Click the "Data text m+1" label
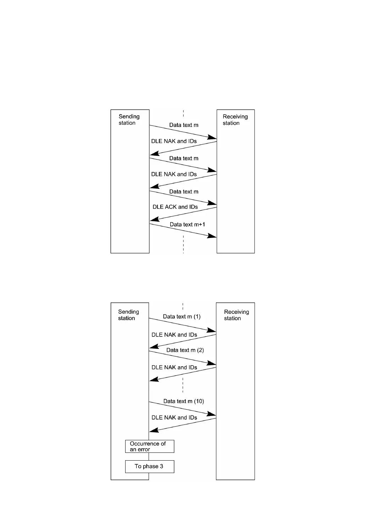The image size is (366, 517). (187, 224)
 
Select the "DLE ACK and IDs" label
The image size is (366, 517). (175, 207)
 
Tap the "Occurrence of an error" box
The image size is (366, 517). (149, 446)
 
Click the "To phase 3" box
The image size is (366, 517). (149, 466)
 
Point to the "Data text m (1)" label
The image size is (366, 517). (182, 317)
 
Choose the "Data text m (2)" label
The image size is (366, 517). (185, 350)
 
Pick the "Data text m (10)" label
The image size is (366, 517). (184, 401)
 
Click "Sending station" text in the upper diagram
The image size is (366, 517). (129, 119)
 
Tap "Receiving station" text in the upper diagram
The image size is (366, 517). (235, 120)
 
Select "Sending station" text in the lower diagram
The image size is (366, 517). (128, 315)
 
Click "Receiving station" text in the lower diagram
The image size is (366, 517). (236, 315)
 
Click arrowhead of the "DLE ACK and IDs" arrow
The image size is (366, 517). (154, 219)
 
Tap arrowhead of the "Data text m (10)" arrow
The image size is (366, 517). (212, 414)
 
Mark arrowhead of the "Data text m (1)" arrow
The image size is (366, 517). (212, 330)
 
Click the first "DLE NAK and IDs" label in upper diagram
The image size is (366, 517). (174, 141)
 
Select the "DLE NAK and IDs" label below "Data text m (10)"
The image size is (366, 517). (174, 417)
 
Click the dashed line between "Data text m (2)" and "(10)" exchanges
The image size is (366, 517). (183, 385)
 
